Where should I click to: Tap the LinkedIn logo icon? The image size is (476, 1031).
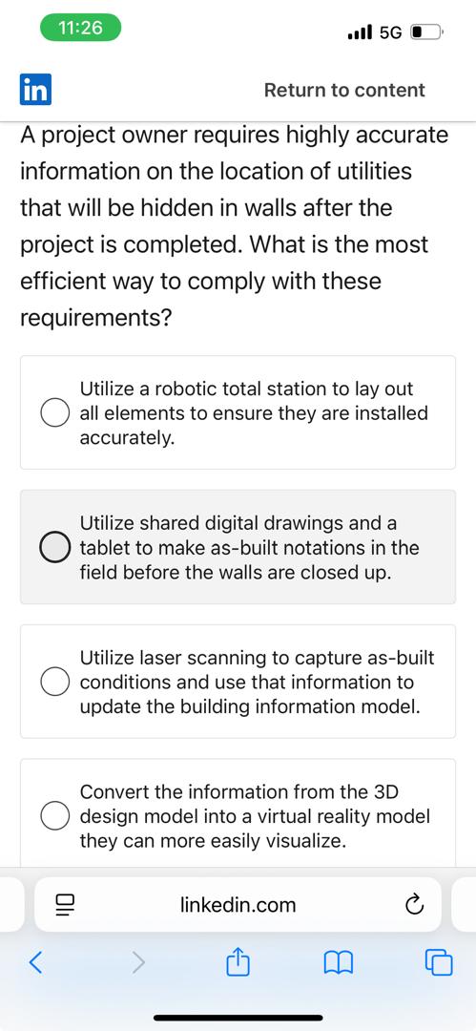tap(35, 90)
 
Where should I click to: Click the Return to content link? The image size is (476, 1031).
tap(344, 90)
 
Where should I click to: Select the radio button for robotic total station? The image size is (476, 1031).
tap(53, 413)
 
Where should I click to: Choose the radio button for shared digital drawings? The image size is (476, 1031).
tap(53, 548)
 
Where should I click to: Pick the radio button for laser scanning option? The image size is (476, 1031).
tap(53, 682)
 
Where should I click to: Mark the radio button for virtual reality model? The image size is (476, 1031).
tap(53, 816)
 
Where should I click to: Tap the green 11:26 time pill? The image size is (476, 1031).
tap(80, 28)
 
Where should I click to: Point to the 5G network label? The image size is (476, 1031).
tap(390, 32)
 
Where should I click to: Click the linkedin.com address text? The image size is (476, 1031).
tap(238, 905)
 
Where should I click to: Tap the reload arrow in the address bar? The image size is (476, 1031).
tap(413, 905)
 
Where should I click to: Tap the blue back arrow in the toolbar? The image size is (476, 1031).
tap(35, 963)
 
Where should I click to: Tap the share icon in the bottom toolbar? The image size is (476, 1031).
tap(238, 962)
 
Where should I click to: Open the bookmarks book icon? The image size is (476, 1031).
tap(339, 963)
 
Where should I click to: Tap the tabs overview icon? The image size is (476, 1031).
tap(439, 963)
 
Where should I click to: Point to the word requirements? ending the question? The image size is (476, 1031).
tap(95, 318)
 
